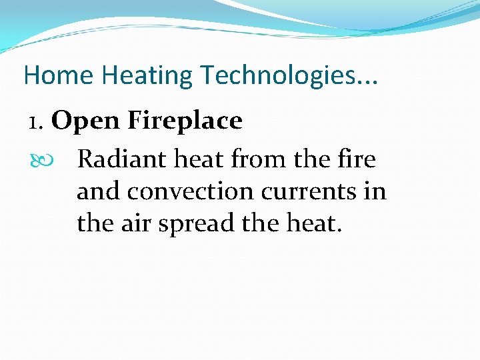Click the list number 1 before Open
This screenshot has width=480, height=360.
35,122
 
